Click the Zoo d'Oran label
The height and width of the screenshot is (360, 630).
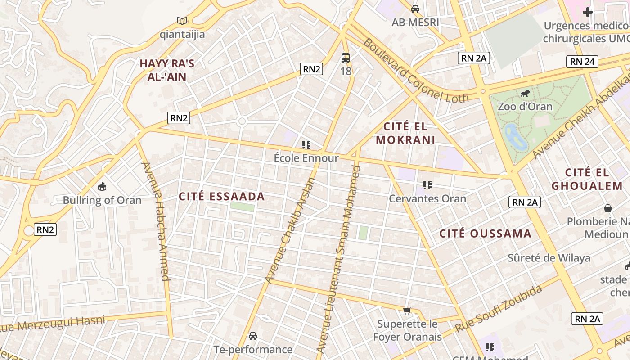tap(525, 107)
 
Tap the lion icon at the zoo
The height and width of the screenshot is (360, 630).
tap(525, 94)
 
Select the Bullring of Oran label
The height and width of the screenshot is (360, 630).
tap(102, 200)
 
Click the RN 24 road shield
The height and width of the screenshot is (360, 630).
tap(582, 62)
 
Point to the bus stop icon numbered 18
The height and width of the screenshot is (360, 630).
tap(345, 58)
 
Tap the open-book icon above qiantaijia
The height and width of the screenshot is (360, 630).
tap(182, 21)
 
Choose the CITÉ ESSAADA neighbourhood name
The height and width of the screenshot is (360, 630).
tap(222, 197)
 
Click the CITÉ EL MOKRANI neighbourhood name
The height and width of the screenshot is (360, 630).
tap(405, 133)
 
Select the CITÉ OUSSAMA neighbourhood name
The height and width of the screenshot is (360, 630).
tap(486, 234)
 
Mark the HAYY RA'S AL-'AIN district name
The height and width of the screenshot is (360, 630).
tap(167, 70)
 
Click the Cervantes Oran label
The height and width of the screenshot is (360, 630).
tap(427, 198)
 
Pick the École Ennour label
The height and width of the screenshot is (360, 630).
tap(306, 158)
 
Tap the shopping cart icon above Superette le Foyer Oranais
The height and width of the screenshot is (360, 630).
tap(407, 310)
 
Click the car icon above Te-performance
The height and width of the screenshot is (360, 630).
tap(253, 336)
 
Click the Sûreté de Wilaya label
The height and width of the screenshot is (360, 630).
tap(549, 258)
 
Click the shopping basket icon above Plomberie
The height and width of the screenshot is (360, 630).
tap(608, 208)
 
